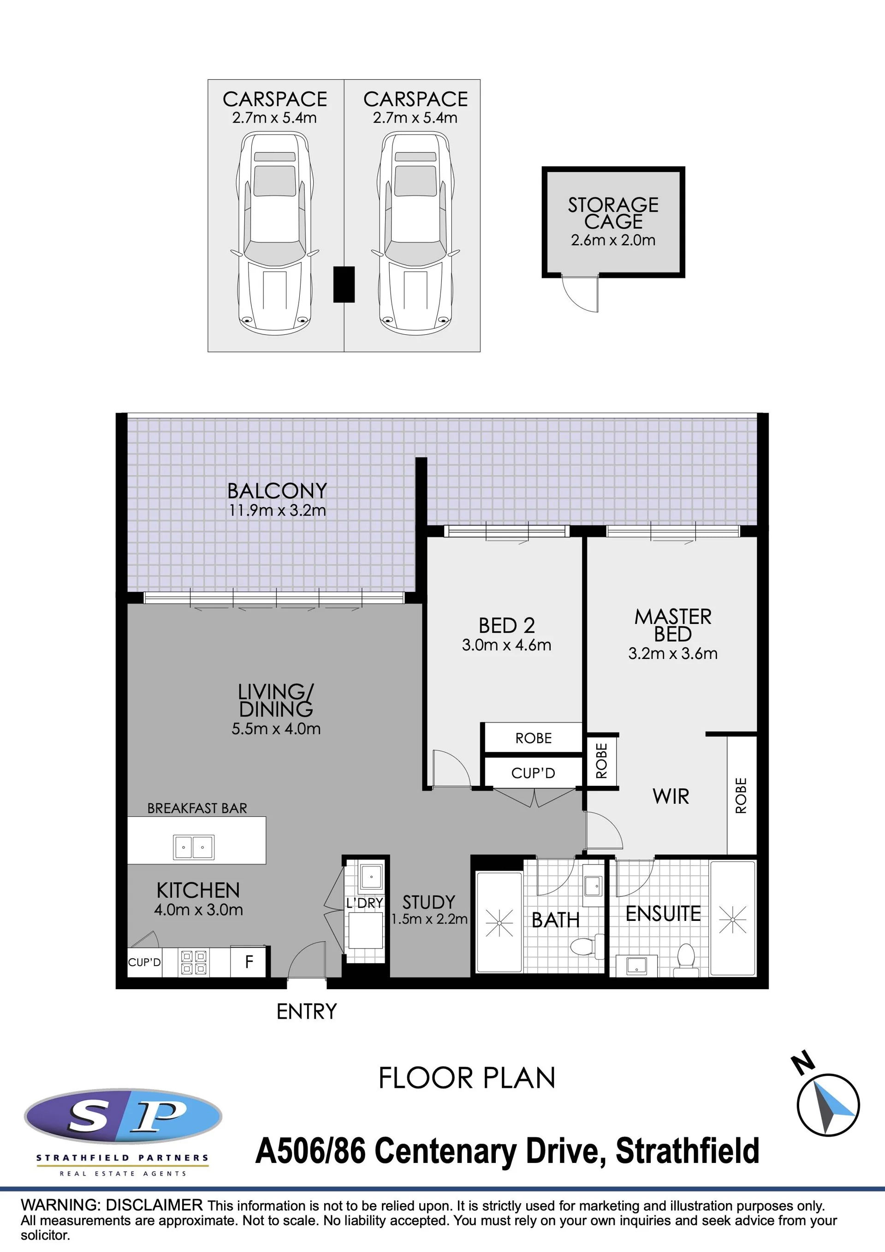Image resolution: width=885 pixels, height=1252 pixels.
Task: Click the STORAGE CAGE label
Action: point(613,213)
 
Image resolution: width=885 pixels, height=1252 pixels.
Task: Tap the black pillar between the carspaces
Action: point(344,284)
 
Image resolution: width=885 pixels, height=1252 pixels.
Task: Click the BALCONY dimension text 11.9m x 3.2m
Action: point(278,510)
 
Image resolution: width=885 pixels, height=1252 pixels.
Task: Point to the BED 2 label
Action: point(506,625)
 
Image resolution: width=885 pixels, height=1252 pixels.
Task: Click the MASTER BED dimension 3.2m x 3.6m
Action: point(673,653)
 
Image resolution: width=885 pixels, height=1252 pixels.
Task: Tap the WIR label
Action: point(671,797)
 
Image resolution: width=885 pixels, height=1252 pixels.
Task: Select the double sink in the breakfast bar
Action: point(194,848)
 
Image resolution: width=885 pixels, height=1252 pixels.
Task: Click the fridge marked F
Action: point(249,961)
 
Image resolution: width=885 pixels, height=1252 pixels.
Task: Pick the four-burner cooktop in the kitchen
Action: point(194,962)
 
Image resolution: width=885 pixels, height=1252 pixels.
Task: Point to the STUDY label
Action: point(428,902)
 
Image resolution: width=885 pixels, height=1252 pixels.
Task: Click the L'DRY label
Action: point(365,903)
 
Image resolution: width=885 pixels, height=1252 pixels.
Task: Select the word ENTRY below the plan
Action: point(306,1012)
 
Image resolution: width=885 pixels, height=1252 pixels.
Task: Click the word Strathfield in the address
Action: point(687,1151)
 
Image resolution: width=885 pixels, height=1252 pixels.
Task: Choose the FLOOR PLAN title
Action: point(467,1078)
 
